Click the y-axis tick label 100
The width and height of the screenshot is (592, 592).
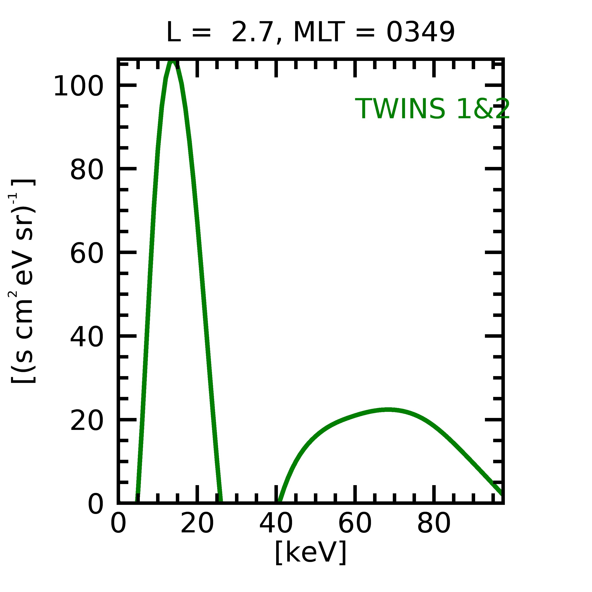click(78, 87)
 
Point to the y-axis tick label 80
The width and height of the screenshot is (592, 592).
click(86, 170)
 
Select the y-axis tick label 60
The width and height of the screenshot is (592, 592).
click(86, 254)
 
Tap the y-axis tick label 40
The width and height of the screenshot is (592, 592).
click(86, 338)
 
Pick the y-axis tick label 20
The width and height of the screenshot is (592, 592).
click(86, 421)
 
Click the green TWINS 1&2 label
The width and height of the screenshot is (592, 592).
click(432, 109)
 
